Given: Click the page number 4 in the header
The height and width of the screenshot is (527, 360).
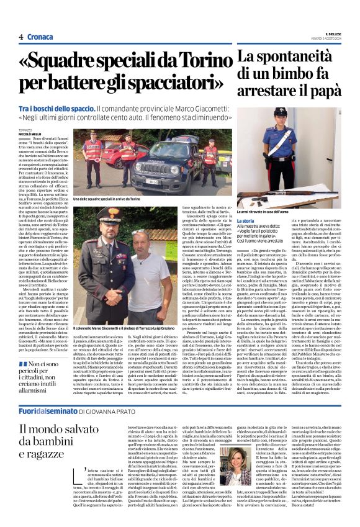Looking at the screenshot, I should coord(21,37).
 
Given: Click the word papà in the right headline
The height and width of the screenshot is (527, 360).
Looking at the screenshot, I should coord(320,93).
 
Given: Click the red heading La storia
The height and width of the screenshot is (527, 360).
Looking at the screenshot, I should coord(246,220).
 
